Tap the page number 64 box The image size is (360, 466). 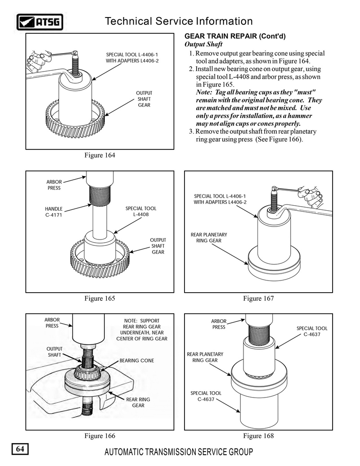[x=20, y=449]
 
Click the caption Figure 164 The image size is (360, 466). [x=100, y=155]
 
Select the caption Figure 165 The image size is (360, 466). [x=100, y=298]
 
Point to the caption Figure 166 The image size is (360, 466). [x=100, y=436]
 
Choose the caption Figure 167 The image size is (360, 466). [x=258, y=298]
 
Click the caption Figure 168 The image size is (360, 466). [x=258, y=436]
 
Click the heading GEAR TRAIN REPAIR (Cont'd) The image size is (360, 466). [x=236, y=36]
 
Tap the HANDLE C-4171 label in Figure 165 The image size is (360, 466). [x=54, y=212]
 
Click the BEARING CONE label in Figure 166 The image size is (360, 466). [x=137, y=361]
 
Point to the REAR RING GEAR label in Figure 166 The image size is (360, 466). [x=138, y=402]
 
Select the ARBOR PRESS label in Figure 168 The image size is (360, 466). [x=219, y=324]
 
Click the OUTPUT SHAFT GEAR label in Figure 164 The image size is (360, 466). [x=144, y=99]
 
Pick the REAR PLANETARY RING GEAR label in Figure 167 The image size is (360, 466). [x=209, y=238]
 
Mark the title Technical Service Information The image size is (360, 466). [x=178, y=21]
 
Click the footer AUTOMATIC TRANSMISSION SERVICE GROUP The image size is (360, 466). [x=179, y=452]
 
